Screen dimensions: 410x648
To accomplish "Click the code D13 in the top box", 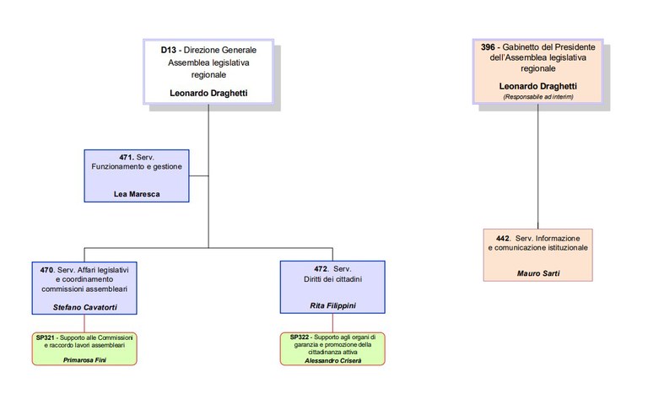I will [168, 51].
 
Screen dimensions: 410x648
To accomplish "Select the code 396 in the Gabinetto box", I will [488, 48].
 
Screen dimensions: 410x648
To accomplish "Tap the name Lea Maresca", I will [137, 194].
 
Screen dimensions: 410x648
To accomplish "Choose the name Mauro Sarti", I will [538, 272].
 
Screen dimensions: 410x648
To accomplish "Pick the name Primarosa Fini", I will [84, 360].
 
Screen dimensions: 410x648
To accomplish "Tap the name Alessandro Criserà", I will [332, 359].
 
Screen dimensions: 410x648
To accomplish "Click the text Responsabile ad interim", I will [538, 97].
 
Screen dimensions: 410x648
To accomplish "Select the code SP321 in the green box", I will [46, 337].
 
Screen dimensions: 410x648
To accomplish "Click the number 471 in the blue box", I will [127, 157].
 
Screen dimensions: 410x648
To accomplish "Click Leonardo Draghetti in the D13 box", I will [208, 93].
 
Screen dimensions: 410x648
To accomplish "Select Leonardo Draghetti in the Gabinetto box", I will [538, 86].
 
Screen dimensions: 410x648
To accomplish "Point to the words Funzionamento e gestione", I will [137, 167].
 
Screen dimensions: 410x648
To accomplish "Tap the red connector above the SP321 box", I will [84, 322].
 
